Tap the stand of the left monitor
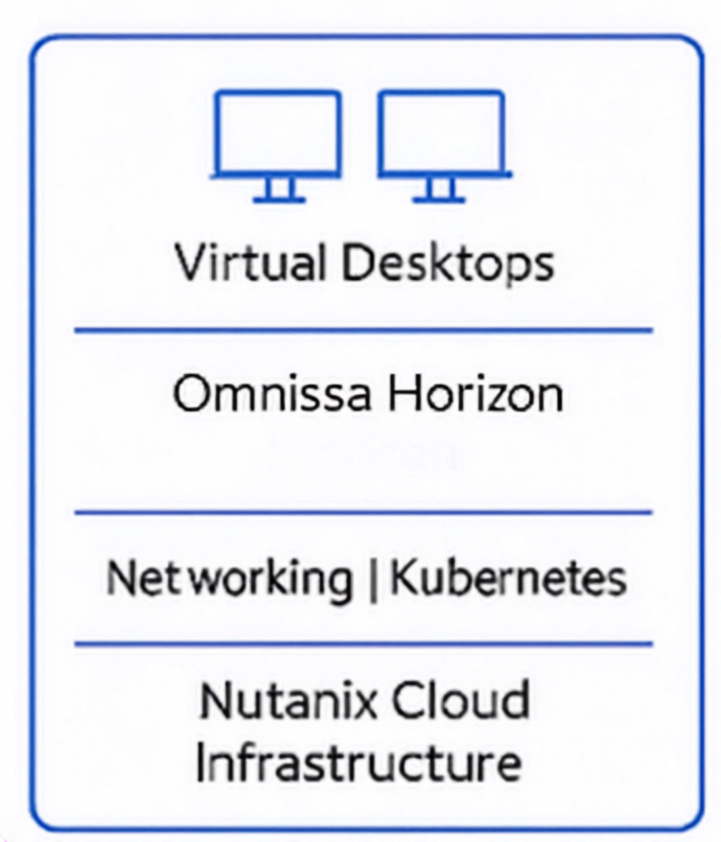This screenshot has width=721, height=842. coord(280,190)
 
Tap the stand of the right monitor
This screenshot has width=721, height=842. coord(439,190)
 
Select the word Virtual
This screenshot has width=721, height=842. coord(251,262)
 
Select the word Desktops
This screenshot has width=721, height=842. coord(447,264)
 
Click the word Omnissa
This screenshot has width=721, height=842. coord(272,394)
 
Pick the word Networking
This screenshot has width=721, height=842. coord(229,578)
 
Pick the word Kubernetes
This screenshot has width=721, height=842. coord(508,578)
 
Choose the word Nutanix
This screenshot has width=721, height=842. coord(284,701)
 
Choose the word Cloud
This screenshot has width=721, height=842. coord(452,701)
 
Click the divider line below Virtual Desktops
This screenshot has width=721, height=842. coord(363,330)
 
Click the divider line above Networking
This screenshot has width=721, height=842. coord(363,512)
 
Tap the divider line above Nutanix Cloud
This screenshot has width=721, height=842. coord(363,644)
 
